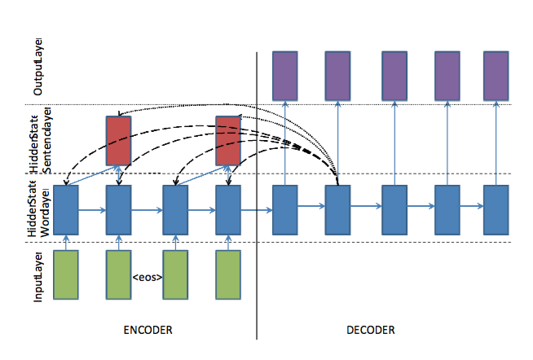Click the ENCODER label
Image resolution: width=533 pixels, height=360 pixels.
tap(148, 330)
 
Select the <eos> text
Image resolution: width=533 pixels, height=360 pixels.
tap(147, 278)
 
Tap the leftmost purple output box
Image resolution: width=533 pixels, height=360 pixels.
tap(284, 75)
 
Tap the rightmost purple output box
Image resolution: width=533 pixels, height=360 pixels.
tap(496, 75)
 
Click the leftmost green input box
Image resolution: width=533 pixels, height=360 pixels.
tap(65, 275)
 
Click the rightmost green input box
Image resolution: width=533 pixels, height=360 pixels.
tap(227, 275)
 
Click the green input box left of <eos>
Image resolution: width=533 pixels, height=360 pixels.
tap(118, 275)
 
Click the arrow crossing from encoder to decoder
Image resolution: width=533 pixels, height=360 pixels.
tap(256, 210)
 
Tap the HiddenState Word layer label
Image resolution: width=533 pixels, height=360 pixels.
tap(37, 209)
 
